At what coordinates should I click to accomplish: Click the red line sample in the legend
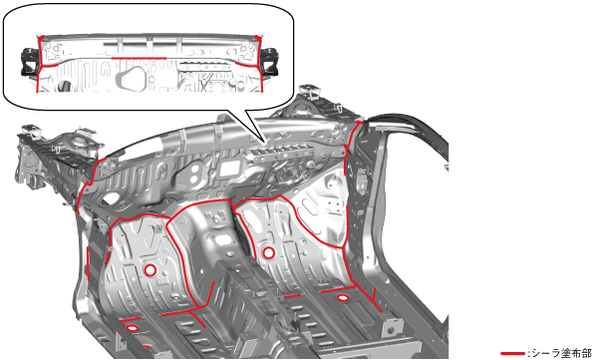[x=512, y=354]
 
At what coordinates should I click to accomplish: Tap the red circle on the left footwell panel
[x=150, y=270]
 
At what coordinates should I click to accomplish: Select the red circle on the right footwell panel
[x=268, y=253]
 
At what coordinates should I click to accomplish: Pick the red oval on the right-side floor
[x=343, y=298]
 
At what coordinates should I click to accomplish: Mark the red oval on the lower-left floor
[x=132, y=328]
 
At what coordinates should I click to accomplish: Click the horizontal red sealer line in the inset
[x=139, y=58]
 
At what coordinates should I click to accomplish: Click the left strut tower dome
[x=79, y=142]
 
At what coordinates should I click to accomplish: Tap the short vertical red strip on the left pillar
[x=88, y=264]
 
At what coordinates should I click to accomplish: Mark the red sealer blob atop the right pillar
[x=360, y=123]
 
